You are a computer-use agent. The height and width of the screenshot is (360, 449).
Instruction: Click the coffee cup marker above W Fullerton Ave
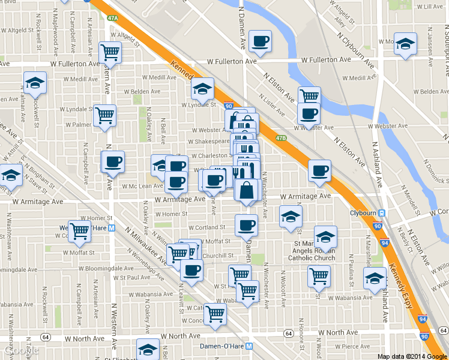261,41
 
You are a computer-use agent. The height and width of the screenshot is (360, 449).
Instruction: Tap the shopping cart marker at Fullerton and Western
110,53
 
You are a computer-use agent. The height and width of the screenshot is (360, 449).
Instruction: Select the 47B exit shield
282,138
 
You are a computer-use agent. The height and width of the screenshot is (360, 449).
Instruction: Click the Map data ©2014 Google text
412,356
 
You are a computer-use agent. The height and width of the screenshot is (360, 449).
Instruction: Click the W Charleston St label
211,155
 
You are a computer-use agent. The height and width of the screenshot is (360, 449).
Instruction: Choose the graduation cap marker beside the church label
326,237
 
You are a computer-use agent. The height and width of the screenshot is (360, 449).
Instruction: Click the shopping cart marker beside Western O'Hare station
79,231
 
